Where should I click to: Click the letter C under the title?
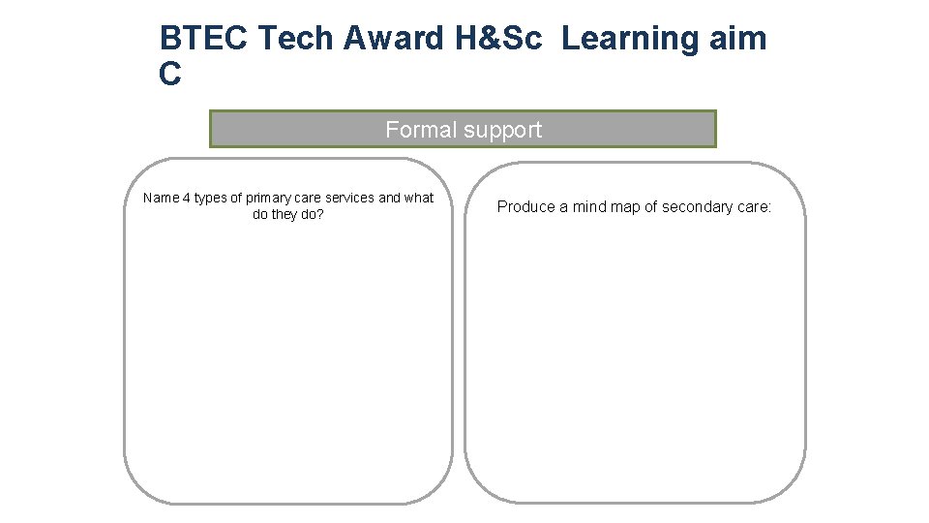pyautogui.click(x=170, y=75)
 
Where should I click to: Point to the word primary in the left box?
pyautogui.click(x=268, y=198)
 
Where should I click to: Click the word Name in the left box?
pyautogui.click(x=161, y=198)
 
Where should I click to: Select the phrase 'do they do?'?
pyautogui.click(x=287, y=214)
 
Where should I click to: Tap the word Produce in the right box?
pyautogui.click(x=525, y=206)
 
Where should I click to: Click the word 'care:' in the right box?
pyautogui.click(x=756, y=206)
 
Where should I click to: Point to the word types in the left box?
pyautogui.click(x=210, y=198)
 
